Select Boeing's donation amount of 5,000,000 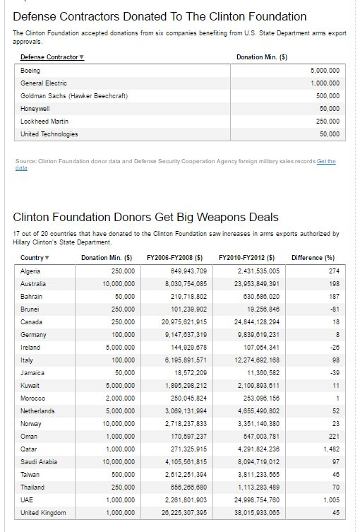[325, 71]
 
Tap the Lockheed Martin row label [44, 122]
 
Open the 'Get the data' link [326, 162]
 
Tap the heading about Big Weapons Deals [145, 217]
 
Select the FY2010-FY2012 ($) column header [246, 258]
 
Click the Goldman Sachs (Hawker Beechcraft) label [74, 96]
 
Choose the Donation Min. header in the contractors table [261, 57]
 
